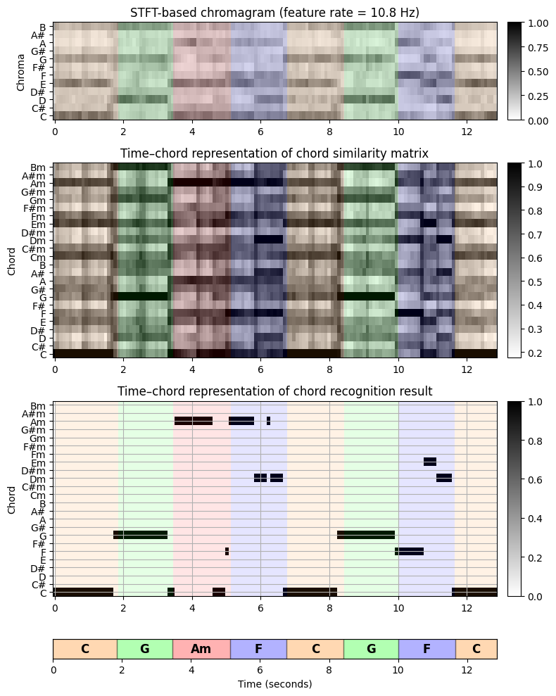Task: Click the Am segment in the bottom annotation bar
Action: point(201,649)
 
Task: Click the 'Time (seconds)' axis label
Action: point(275,683)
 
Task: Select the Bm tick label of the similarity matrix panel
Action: point(39,167)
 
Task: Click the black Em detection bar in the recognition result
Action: point(430,462)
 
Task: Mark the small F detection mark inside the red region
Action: point(227,551)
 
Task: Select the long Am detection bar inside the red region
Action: point(194,422)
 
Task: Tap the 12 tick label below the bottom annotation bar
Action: point(467,670)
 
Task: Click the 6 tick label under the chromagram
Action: point(260,131)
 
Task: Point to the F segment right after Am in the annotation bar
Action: point(258,649)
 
